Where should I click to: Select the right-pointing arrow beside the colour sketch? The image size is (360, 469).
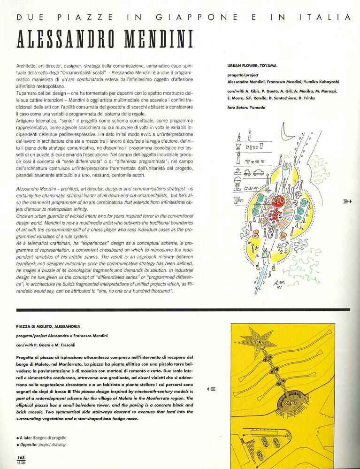347,201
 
